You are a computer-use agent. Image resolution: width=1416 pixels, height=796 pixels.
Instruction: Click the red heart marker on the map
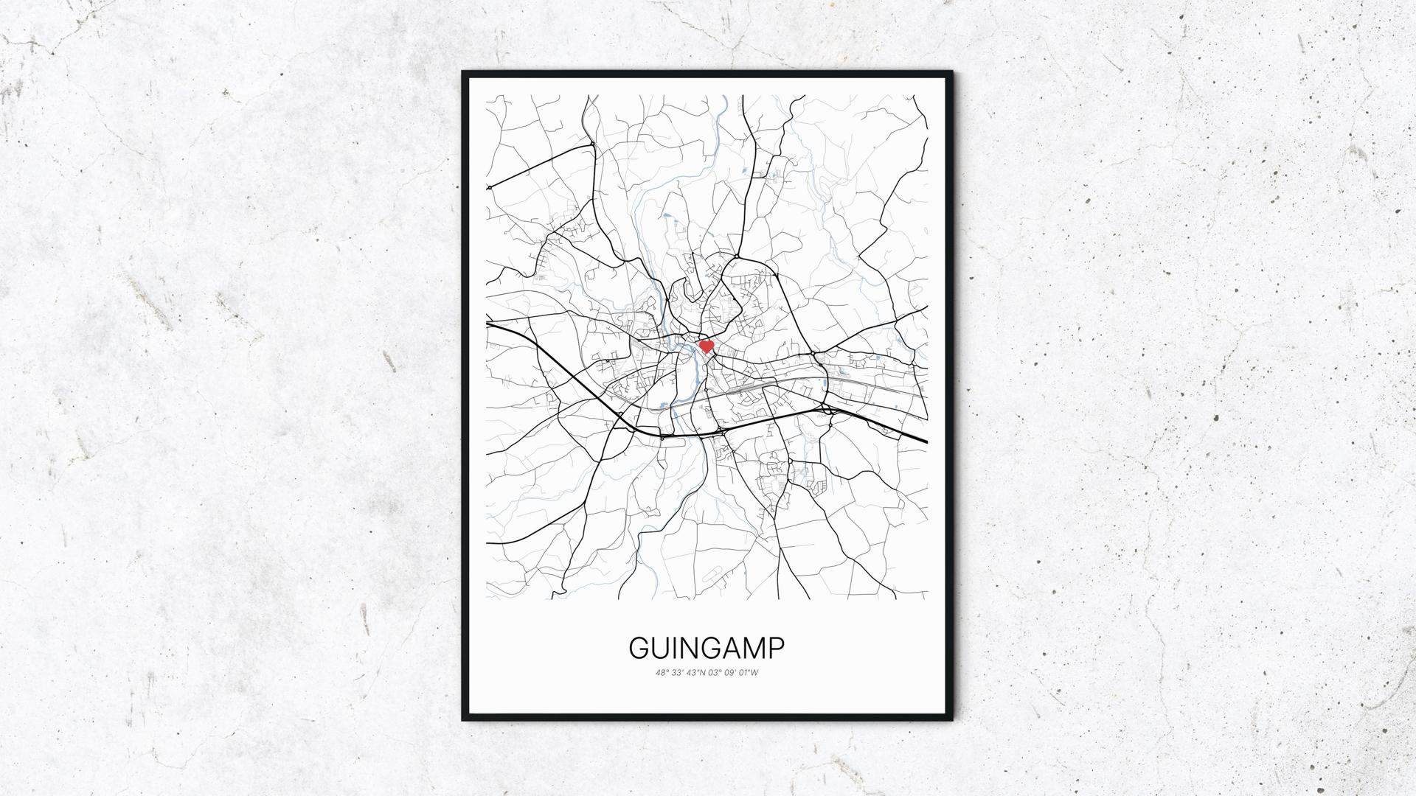click(706, 346)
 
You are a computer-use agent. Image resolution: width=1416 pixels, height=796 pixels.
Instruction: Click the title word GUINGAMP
click(707, 648)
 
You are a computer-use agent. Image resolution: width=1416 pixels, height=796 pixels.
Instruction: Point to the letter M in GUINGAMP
click(754, 648)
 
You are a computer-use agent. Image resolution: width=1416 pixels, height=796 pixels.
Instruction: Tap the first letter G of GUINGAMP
click(639, 648)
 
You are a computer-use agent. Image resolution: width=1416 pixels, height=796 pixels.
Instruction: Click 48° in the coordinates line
click(661, 672)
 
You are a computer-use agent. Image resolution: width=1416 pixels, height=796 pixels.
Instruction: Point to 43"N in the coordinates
click(694, 672)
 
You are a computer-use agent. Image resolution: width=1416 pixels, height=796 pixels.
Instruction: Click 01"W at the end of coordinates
click(749, 672)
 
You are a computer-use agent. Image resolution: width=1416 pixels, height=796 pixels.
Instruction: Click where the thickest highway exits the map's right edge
click(926, 441)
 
